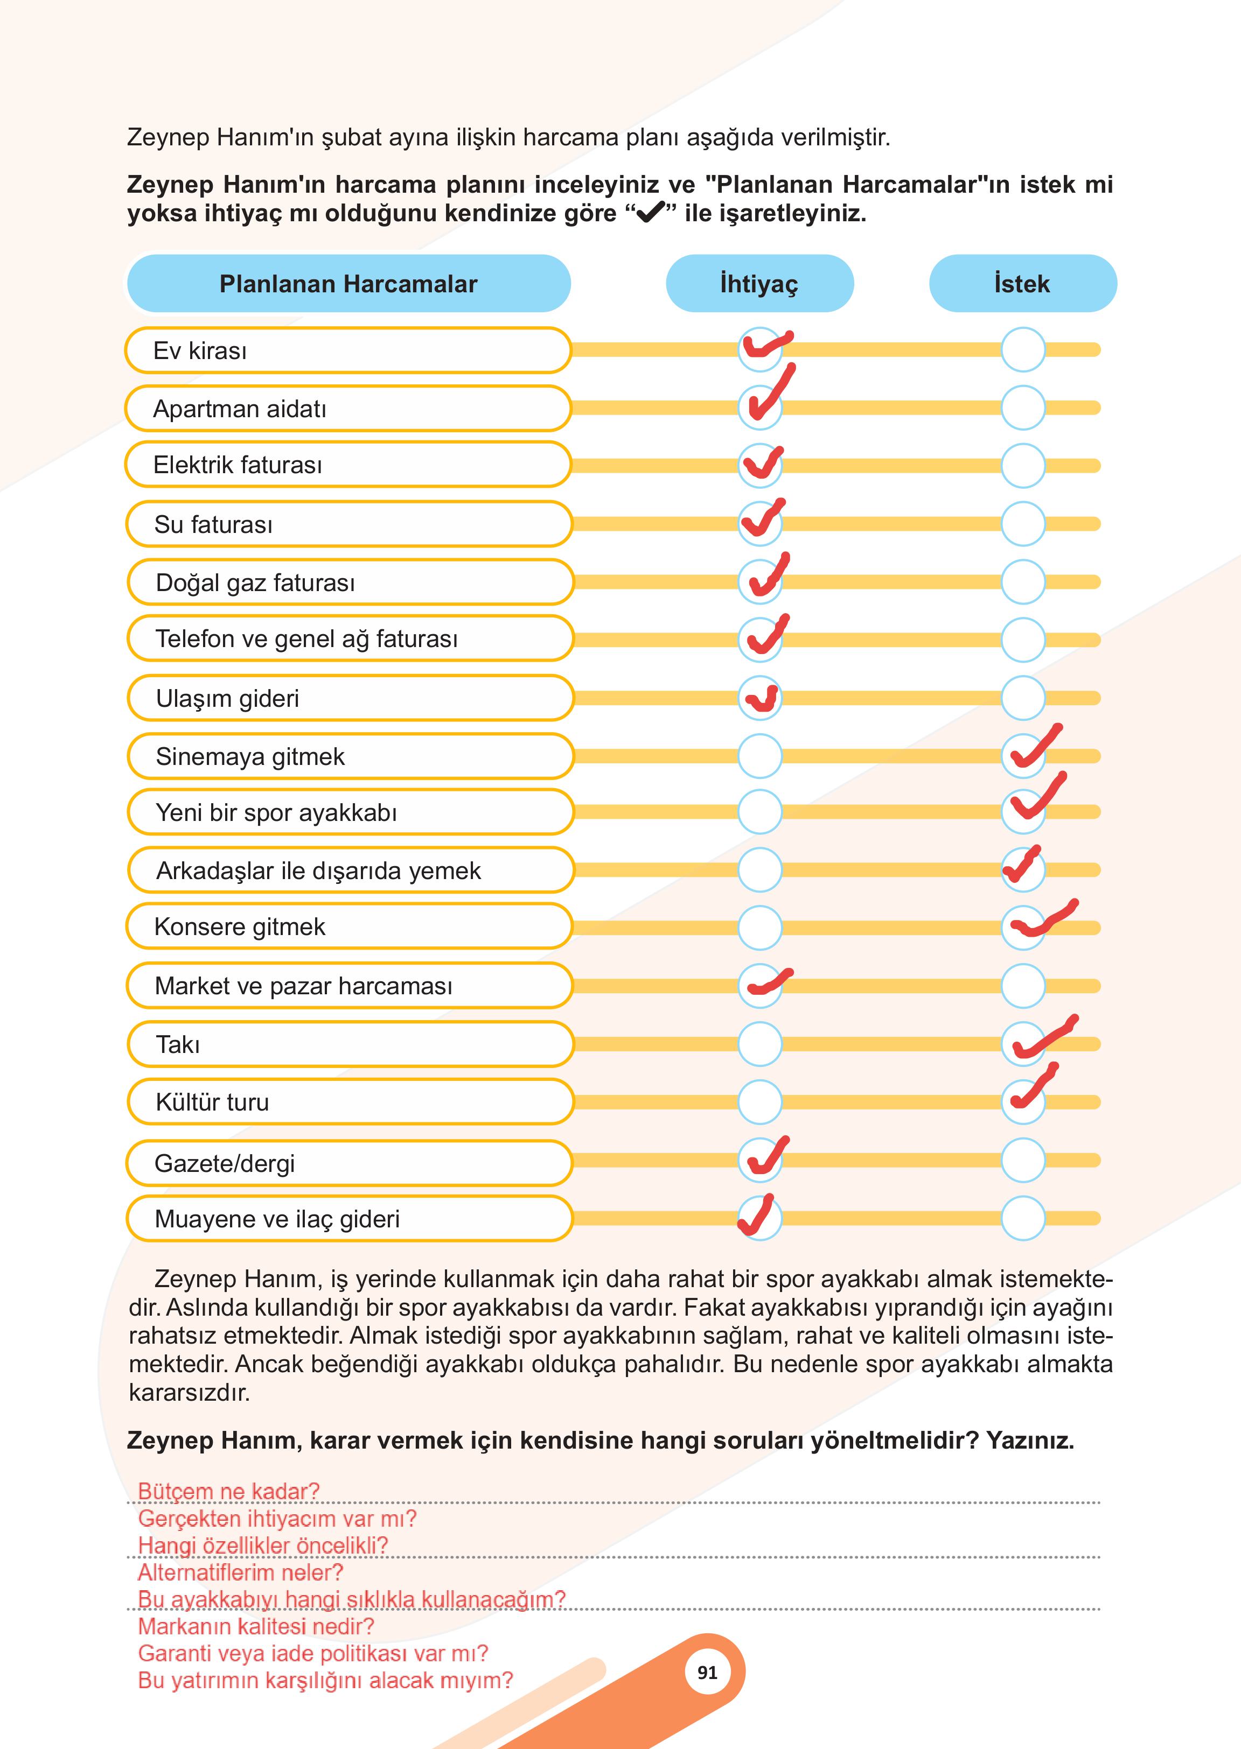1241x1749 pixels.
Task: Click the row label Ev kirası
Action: tap(200, 350)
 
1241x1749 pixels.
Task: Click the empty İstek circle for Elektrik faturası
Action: tap(1022, 465)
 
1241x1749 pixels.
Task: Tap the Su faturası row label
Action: tap(213, 525)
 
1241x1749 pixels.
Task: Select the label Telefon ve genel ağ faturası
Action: tap(306, 638)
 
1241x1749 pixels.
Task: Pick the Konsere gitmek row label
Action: tap(240, 926)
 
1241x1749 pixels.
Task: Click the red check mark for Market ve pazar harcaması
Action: tap(769, 982)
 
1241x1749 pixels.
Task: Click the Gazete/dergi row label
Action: tap(225, 1163)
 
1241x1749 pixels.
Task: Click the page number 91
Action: tap(708, 1673)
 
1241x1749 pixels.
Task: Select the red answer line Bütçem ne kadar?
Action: tap(228, 1491)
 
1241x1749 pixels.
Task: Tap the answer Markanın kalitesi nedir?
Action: tap(256, 1626)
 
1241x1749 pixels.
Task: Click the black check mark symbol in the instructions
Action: tap(650, 213)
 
